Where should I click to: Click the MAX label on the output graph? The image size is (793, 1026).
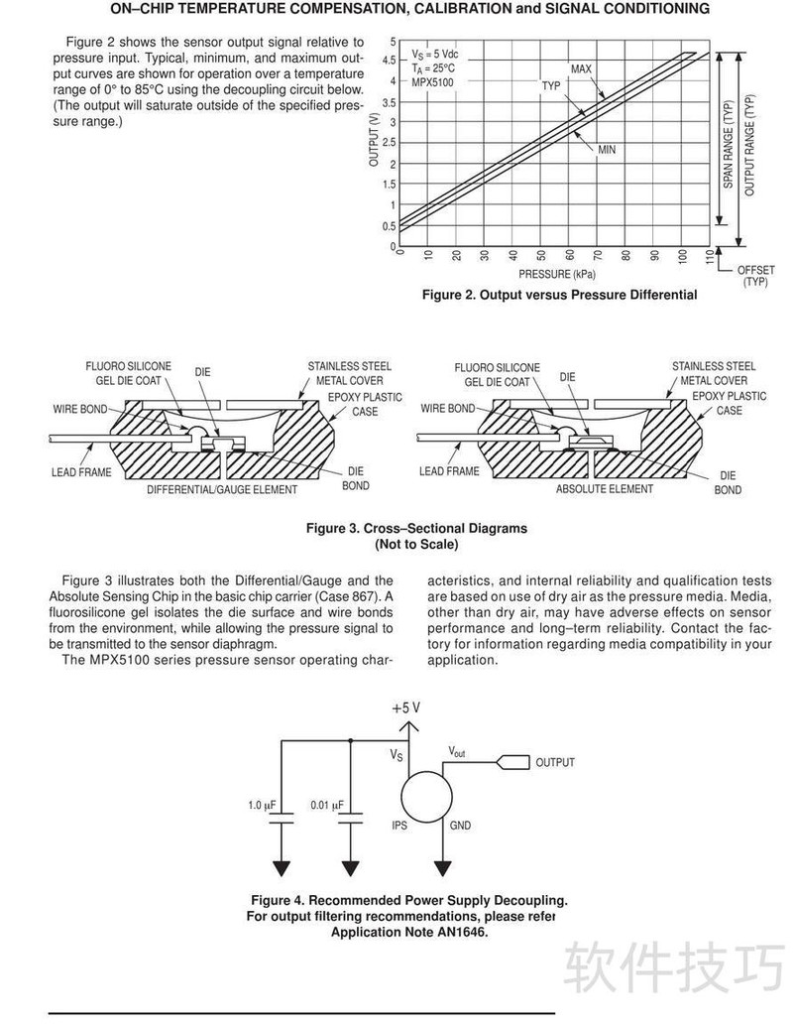pos(581,68)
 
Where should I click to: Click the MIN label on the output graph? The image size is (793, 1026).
pos(607,149)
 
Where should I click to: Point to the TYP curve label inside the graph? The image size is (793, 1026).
pos(551,86)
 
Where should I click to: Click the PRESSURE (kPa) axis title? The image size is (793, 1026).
pos(557,274)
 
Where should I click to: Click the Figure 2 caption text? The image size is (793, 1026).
pos(559,295)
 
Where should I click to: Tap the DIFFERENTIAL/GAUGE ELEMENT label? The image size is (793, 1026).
pos(222,490)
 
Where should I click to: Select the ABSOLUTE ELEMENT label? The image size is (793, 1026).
pos(604,489)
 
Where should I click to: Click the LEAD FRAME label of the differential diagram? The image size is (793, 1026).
pos(81,472)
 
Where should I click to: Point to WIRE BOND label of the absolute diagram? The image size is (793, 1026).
pos(447,408)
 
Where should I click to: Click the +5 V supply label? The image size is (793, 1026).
pos(405,708)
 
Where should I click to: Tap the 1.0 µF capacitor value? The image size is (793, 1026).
pos(262,805)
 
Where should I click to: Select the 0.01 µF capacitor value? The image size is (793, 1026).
pos(326,805)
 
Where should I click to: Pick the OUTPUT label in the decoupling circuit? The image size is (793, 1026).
pos(555,763)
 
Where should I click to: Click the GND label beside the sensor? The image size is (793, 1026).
pos(460,826)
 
